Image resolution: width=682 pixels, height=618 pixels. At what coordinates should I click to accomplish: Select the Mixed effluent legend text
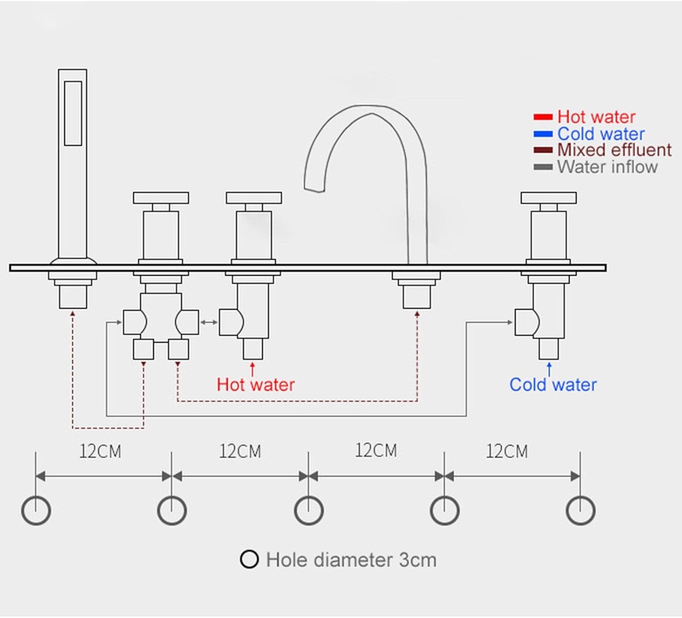(614, 150)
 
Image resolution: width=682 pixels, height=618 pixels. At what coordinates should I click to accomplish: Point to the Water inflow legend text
(607, 166)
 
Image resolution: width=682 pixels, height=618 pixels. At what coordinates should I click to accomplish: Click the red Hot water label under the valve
(256, 384)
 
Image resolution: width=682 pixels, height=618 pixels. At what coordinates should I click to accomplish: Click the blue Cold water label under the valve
(553, 384)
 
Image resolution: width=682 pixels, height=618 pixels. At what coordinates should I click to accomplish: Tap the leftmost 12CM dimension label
(101, 452)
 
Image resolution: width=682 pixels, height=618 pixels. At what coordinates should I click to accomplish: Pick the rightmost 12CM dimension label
(507, 452)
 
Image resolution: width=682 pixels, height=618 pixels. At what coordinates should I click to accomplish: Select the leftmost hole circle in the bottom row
(36, 511)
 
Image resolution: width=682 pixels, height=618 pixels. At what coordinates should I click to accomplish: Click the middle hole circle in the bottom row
(309, 511)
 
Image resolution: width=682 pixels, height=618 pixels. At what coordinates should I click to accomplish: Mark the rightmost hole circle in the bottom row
(580, 511)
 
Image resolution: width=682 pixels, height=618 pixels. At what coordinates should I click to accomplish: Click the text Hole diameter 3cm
(351, 559)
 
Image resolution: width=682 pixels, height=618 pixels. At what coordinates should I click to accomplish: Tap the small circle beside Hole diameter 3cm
(249, 559)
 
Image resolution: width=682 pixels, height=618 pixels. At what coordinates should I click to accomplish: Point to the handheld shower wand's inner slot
(73, 113)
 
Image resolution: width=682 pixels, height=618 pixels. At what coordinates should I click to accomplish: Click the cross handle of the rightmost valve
(548, 198)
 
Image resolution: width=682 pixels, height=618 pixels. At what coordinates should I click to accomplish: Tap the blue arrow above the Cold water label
(549, 368)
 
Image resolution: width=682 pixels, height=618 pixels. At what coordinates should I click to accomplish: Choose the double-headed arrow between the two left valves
(209, 323)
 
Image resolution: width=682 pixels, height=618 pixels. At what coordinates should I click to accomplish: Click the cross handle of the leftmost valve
(161, 198)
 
